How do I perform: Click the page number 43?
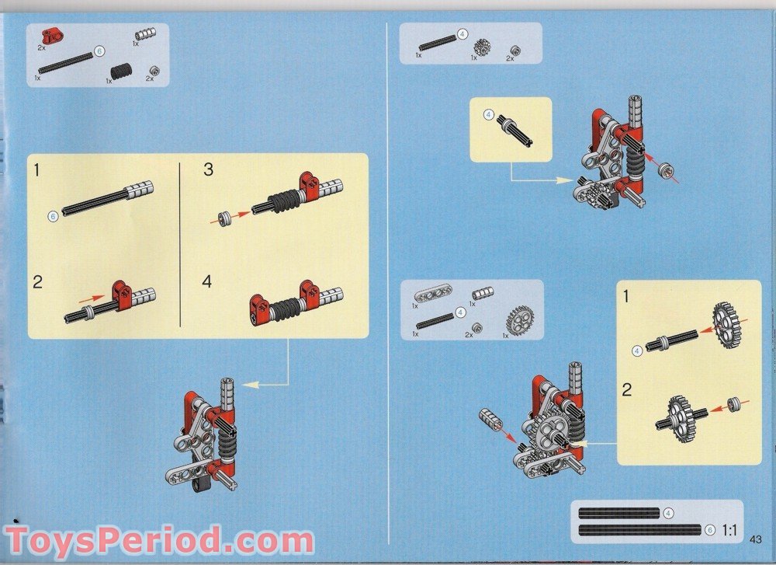[757, 539]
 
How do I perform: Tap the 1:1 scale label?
[729, 531]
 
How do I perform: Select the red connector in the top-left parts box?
[52, 35]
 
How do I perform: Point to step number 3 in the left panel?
[208, 169]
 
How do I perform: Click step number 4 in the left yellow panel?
[207, 281]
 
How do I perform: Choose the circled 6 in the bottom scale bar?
[709, 530]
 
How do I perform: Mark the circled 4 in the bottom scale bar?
[668, 513]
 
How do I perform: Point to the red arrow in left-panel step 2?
[92, 296]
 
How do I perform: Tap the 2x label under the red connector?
[42, 47]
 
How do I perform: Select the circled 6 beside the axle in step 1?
[53, 216]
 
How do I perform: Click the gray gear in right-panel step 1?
[726, 325]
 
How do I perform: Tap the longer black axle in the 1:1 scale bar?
[640, 530]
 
